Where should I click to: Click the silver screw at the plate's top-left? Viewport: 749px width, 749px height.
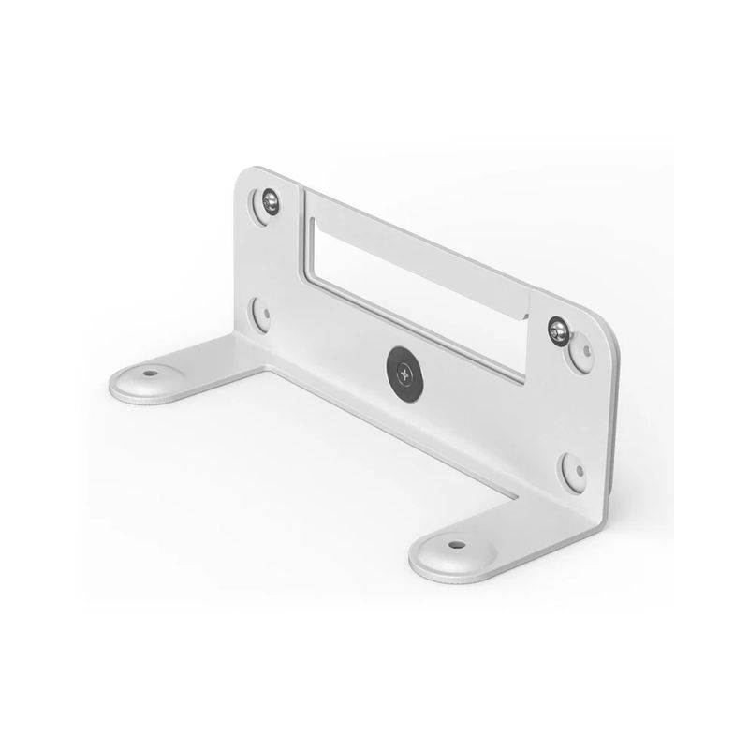point(271,200)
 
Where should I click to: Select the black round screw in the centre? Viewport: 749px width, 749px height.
point(404,370)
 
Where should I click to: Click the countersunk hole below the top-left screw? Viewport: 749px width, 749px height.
point(261,314)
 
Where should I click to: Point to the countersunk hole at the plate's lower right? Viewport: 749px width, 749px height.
point(574,471)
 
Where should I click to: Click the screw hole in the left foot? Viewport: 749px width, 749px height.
point(150,373)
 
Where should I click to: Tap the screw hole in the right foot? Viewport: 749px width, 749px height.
point(456,543)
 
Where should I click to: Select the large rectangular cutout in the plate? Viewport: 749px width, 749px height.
point(412,281)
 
